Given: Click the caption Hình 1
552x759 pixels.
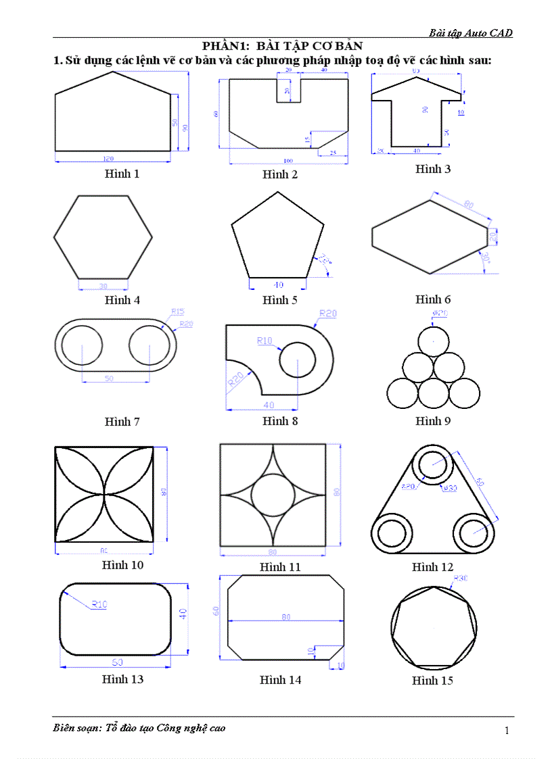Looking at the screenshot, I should [x=122, y=174].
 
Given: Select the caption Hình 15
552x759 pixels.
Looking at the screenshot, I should [x=432, y=681].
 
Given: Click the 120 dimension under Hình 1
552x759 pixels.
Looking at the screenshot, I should [x=108, y=159].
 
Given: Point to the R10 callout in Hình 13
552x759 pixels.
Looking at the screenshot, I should [x=99, y=604].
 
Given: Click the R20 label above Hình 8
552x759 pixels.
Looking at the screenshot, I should [x=328, y=314].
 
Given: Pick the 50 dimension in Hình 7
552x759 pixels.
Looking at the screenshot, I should [x=109, y=379].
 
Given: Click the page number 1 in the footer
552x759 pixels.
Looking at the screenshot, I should [x=506, y=730].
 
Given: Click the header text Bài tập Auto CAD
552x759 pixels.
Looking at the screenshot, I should [x=471, y=32].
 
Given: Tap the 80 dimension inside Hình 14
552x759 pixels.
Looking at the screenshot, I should [x=287, y=617].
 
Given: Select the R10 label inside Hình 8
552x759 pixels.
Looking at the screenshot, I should [x=264, y=341].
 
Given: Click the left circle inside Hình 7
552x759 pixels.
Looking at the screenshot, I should [x=83, y=345].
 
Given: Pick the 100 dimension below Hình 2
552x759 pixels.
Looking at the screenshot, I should [x=288, y=161].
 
